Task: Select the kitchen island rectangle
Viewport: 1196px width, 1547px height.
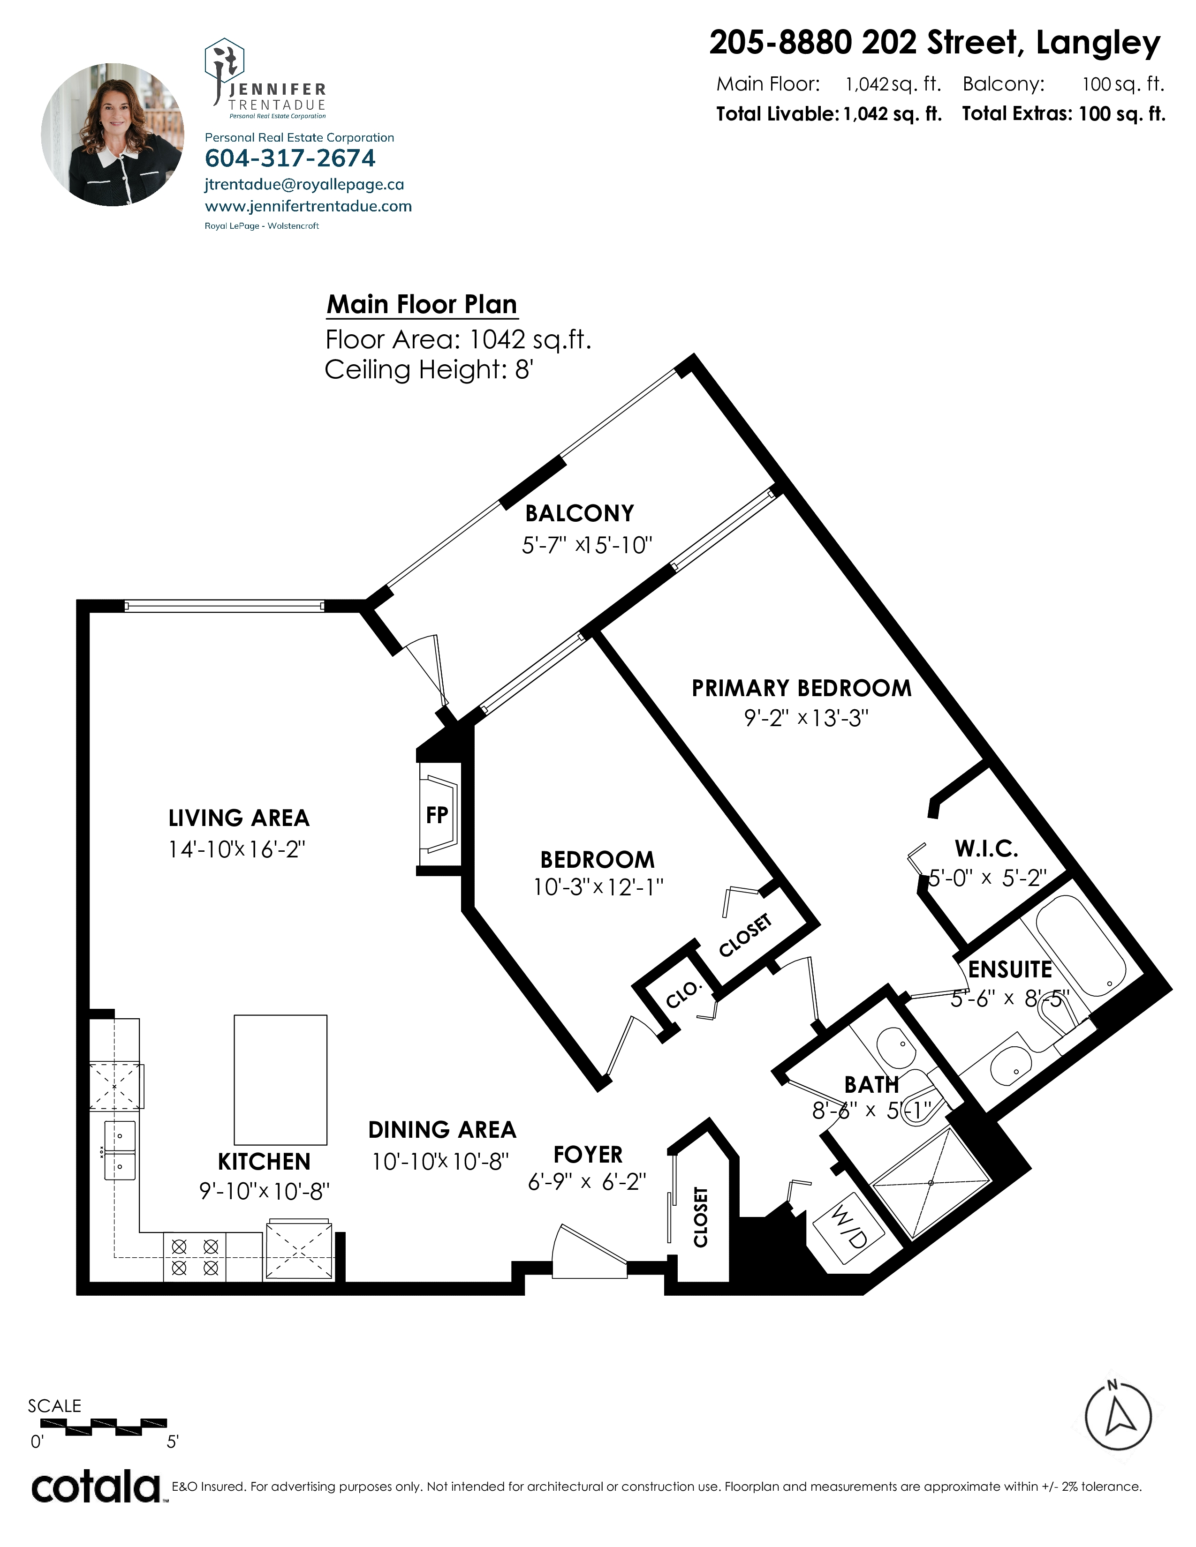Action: tap(280, 1080)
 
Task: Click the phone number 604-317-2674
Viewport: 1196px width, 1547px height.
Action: tap(290, 158)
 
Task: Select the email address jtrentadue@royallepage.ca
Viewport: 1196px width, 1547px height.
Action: tap(305, 185)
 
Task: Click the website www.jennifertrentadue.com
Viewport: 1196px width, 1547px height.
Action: tap(308, 206)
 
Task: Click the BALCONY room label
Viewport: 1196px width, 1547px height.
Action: tap(580, 513)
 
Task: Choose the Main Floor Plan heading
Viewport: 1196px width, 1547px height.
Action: tap(422, 305)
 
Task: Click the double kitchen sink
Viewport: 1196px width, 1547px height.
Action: tap(120, 1150)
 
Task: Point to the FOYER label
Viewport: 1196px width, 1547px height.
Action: tap(588, 1155)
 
